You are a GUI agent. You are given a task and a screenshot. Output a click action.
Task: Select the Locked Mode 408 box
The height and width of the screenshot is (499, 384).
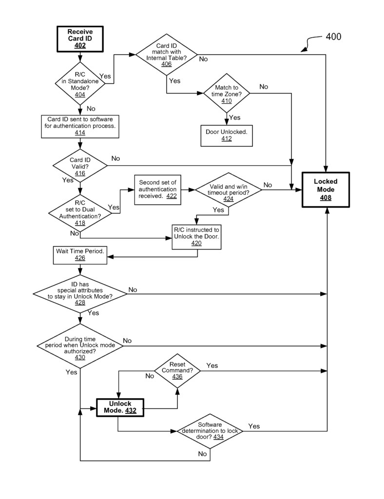(x=326, y=190)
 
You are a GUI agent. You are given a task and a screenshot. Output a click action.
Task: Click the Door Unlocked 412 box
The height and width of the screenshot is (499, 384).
(x=227, y=135)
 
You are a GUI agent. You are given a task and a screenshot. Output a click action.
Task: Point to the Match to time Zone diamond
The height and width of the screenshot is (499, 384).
(x=227, y=94)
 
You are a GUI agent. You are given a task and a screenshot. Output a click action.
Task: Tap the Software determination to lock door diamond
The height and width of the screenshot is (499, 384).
(x=211, y=431)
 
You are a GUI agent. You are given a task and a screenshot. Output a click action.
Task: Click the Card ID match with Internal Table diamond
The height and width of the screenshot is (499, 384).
(x=167, y=54)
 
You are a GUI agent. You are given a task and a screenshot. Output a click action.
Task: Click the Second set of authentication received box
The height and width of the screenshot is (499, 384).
(x=157, y=189)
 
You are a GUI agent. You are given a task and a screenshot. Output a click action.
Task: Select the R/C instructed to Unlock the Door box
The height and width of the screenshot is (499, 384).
(x=196, y=235)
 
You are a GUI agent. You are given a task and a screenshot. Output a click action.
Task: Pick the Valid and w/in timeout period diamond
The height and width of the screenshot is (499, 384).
(x=229, y=190)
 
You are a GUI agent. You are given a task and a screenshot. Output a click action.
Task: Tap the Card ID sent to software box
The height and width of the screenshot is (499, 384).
(x=80, y=125)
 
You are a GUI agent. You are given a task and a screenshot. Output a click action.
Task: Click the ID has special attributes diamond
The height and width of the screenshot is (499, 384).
(x=80, y=293)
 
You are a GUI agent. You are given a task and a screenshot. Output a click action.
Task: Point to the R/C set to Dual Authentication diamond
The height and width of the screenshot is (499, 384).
(x=80, y=213)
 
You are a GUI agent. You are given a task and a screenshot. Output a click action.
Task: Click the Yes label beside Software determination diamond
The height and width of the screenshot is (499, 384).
(x=254, y=426)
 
